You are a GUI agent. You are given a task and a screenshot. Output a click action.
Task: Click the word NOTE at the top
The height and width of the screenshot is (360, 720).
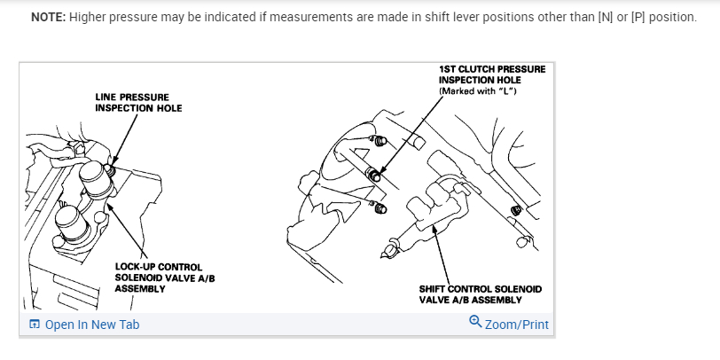pos(48,18)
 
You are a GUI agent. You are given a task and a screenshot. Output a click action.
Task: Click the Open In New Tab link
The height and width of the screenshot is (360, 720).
pos(92,325)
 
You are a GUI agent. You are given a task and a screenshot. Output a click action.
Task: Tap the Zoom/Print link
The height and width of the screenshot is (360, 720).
pos(517,325)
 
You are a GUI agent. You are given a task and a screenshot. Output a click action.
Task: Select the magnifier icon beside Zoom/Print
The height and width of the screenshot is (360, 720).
pos(475,323)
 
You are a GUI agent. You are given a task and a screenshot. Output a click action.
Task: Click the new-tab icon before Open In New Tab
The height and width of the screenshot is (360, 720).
pos(34,325)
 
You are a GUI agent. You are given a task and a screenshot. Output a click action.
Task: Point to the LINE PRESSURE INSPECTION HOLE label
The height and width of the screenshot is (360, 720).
pos(138,102)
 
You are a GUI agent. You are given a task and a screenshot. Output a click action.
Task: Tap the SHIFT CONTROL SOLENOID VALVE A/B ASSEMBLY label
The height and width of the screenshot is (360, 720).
pos(480,294)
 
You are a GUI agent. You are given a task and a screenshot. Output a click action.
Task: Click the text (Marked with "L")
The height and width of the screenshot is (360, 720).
pos(478,91)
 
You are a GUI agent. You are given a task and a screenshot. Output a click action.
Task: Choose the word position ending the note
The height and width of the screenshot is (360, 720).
pos(673,18)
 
